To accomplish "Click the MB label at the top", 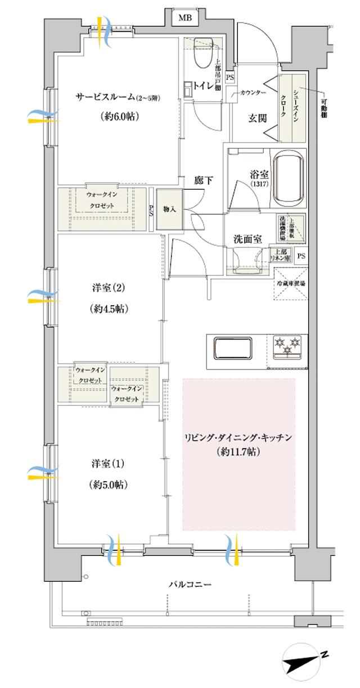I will [x=185, y=18].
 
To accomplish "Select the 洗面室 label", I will [x=247, y=239].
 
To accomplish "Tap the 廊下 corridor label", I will [x=203, y=180].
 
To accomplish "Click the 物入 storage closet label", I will [x=169, y=209].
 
